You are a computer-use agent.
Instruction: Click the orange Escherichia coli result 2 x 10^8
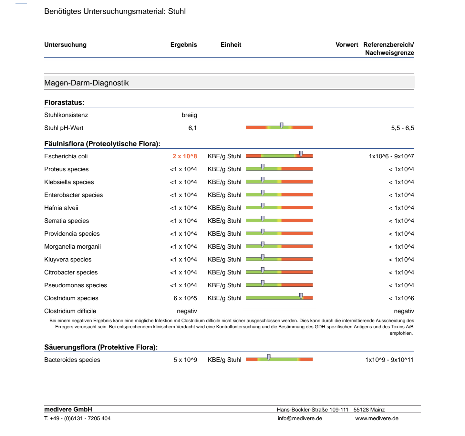coord(184,156)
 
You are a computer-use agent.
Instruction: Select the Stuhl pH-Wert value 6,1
coord(192,128)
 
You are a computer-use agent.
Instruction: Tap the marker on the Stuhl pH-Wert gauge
coord(282,125)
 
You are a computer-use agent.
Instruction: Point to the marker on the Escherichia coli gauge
coord(301,154)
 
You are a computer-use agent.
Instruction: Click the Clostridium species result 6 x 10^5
coord(185,298)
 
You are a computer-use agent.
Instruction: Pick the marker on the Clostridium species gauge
coord(301,296)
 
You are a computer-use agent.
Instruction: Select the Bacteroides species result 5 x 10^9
coord(185,360)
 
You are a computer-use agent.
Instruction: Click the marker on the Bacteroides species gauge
coord(269,358)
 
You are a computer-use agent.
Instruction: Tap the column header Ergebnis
coord(183,45)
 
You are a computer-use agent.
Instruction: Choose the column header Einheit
coord(231,45)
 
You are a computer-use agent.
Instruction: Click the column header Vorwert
coord(347,45)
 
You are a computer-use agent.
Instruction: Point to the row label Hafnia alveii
coord(61,208)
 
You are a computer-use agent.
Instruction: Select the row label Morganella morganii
coord(73,246)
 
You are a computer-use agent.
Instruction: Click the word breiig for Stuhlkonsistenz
coord(189,115)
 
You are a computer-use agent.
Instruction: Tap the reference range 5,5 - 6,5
coord(402,128)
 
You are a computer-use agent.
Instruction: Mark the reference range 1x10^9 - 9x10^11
coord(389,360)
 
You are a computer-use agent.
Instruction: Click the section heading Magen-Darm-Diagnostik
coord(87,83)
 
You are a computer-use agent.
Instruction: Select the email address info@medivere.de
coord(300,419)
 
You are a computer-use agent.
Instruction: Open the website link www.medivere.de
coord(377,419)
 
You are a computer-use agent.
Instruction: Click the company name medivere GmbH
coord(68,409)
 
